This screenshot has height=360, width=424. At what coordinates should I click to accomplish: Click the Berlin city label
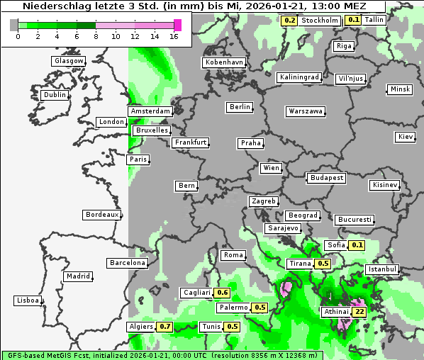click(240, 107)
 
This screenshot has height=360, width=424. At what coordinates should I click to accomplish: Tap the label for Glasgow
click(69, 61)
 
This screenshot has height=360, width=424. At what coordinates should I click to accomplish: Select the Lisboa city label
click(28, 300)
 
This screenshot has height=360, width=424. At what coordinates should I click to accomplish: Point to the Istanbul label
click(382, 270)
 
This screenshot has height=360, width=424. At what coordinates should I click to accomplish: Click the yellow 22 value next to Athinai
click(359, 312)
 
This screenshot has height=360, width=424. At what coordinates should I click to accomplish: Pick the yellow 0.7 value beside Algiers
click(165, 327)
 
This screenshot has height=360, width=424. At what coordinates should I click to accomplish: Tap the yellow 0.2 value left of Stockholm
click(289, 21)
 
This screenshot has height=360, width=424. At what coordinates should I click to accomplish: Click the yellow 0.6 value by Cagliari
click(222, 293)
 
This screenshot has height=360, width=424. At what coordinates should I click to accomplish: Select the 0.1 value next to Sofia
click(357, 245)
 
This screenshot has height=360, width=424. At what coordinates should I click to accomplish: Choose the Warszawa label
click(306, 111)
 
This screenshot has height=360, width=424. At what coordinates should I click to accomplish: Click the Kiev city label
click(406, 137)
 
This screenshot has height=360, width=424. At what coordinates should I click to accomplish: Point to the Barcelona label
click(128, 263)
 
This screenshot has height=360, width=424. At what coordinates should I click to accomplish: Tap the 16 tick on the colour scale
click(174, 36)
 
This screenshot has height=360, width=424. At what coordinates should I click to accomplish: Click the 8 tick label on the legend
click(96, 36)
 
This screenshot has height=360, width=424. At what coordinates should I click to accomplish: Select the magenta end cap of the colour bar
click(178, 25)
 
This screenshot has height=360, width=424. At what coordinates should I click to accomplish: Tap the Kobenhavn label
click(224, 62)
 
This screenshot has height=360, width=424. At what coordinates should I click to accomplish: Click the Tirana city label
click(300, 264)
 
